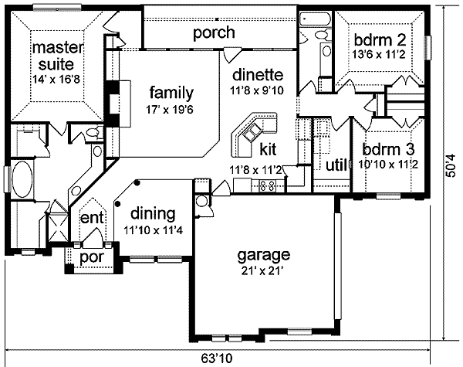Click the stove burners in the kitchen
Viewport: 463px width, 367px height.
point(269,185)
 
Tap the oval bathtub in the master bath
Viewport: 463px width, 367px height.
point(23,182)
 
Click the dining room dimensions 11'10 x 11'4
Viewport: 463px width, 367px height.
point(151,228)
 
